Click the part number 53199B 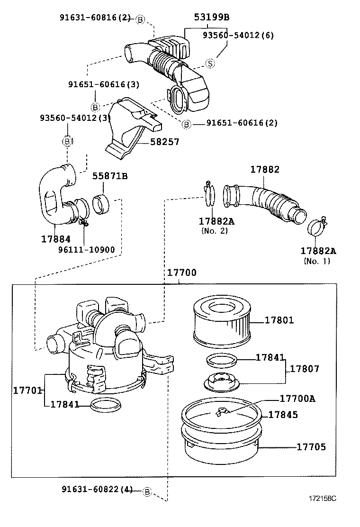(x=211, y=18)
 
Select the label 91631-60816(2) (x=95, y=18)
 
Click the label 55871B (x=110, y=176)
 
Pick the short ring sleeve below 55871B (x=102, y=204)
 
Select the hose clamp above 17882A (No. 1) (x=316, y=227)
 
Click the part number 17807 (x=305, y=368)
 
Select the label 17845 (x=283, y=414)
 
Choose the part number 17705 (x=311, y=446)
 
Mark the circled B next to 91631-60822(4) (x=147, y=492)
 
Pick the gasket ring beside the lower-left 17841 (x=106, y=405)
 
